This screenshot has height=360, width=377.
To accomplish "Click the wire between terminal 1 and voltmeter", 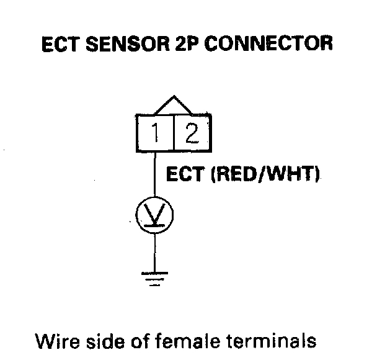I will (154, 176).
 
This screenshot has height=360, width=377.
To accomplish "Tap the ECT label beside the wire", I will (186, 176).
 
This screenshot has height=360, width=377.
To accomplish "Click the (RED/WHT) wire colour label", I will (266, 176).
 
